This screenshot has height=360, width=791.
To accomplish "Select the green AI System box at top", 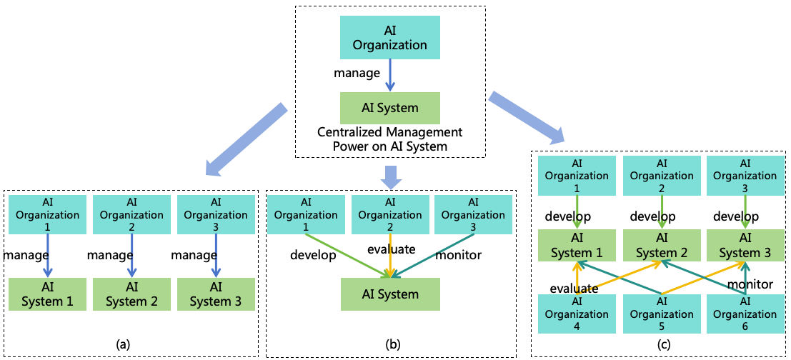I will [x=389, y=109].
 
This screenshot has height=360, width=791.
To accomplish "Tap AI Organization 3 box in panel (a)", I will [x=215, y=215].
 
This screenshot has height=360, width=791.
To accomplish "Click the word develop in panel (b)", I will [x=312, y=255].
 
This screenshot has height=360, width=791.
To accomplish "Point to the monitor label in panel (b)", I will [x=458, y=254].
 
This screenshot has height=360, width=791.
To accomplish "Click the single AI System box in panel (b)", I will [x=389, y=294].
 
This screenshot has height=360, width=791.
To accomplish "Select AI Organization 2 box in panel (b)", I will [x=389, y=215].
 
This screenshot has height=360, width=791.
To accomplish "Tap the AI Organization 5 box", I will [x=662, y=314].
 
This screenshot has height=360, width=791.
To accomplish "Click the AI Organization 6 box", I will [x=745, y=314].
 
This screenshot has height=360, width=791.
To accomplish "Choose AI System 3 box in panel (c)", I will [x=745, y=246].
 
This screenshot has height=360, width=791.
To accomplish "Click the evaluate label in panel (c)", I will [x=574, y=288].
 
